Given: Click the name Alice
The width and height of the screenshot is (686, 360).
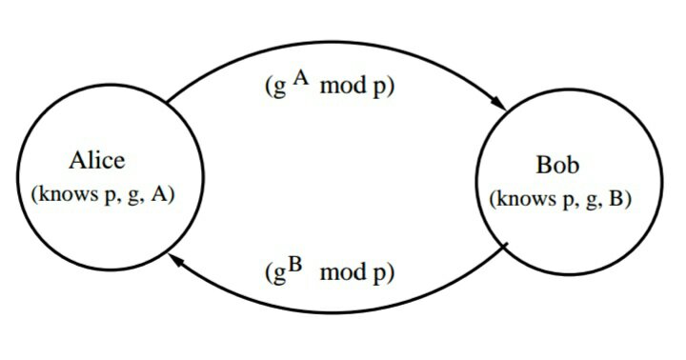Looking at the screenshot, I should pos(97,160).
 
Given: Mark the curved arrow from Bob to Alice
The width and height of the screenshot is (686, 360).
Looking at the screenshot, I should pos(333,311).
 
